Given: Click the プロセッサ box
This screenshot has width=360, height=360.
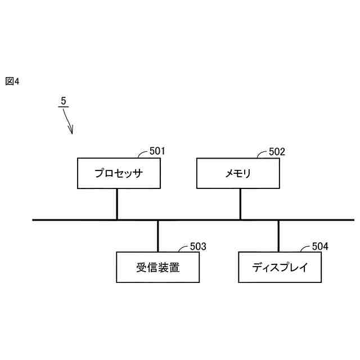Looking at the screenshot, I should click(x=119, y=173).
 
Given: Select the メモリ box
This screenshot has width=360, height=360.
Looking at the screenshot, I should click(x=238, y=173).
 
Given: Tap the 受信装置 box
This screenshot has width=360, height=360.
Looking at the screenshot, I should click(x=157, y=267).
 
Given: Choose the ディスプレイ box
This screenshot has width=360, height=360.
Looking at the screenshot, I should click(x=280, y=267).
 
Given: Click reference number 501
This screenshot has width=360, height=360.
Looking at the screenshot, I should click(x=157, y=151).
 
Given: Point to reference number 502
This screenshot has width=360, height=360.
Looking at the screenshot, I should click(x=277, y=151).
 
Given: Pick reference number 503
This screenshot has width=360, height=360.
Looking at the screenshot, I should click(x=198, y=246).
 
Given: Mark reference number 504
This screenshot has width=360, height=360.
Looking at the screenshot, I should click(x=320, y=246).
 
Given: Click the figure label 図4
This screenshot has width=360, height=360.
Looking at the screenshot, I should click(x=12, y=81).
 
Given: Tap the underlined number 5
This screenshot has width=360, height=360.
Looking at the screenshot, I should click(x=64, y=101).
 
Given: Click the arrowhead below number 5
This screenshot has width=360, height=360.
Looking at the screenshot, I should click(x=71, y=132).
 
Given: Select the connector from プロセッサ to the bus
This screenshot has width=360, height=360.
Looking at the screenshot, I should click(x=117, y=204).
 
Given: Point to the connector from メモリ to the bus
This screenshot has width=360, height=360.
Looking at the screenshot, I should click(x=240, y=204).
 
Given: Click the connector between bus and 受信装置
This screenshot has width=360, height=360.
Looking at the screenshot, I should click(x=158, y=236).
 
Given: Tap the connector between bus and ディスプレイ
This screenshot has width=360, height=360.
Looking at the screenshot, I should click(x=278, y=236).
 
